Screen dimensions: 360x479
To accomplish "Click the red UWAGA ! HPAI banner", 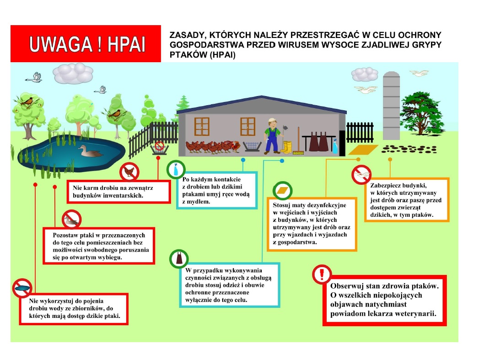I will [x=86, y=43].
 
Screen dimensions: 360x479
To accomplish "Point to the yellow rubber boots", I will [x=287, y=147].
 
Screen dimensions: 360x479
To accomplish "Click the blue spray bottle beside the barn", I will [x=335, y=146].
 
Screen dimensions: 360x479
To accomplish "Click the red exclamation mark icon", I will [x=322, y=274].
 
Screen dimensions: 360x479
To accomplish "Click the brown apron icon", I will [x=179, y=259].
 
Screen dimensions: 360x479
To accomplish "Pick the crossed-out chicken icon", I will [x=129, y=172].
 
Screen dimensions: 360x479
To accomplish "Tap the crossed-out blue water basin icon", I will [x=22, y=288].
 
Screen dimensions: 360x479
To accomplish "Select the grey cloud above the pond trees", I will [x=72, y=73].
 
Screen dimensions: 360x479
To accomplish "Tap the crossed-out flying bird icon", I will [x=361, y=175].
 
